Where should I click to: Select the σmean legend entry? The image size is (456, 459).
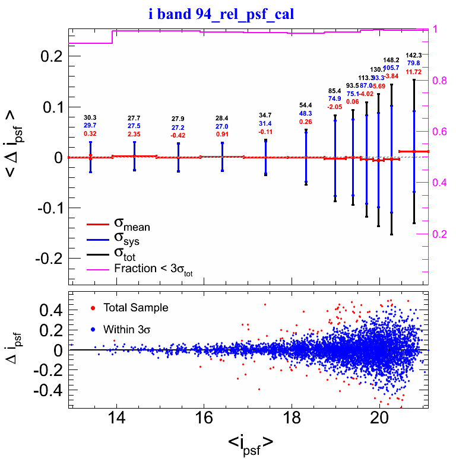(x=132, y=225)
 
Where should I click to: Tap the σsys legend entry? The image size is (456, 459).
(x=127, y=240)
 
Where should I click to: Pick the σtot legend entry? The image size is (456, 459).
(x=126, y=255)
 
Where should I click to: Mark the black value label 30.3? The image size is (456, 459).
(x=91, y=118)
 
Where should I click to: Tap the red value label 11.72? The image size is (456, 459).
(x=414, y=72)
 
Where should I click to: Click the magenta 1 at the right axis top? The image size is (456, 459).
(x=436, y=29)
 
